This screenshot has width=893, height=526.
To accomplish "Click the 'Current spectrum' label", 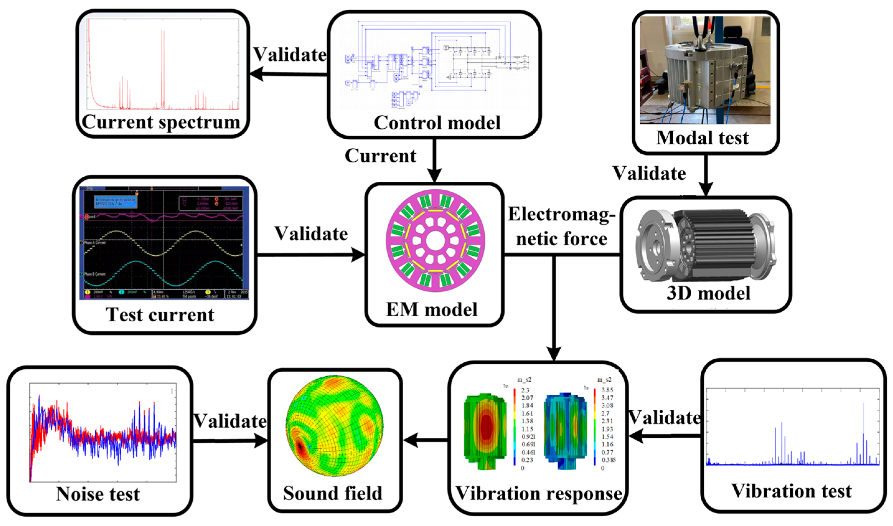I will (x=161, y=122).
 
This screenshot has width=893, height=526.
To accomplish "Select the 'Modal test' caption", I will (x=702, y=138).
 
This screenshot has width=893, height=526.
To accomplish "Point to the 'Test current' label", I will (x=160, y=315).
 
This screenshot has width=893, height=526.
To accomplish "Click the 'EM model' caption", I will (x=432, y=310).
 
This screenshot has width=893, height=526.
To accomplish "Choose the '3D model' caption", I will (x=708, y=293).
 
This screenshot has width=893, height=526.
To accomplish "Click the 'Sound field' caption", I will (x=333, y=493).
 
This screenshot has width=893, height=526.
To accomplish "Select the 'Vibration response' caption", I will (x=539, y=493).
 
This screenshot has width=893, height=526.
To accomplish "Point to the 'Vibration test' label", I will (x=791, y=491).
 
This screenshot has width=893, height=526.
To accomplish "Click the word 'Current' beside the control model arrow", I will (x=381, y=156).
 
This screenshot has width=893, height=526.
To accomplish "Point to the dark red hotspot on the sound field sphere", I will (x=301, y=447).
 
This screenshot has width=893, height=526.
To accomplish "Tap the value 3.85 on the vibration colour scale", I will (x=607, y=390).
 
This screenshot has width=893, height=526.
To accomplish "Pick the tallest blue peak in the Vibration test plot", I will (x=863, y=404).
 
